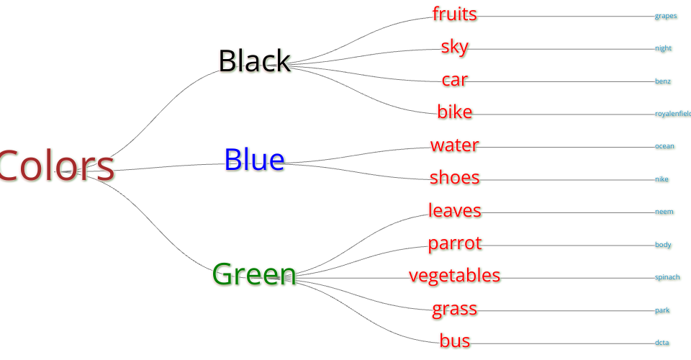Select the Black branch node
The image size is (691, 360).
point(254,61)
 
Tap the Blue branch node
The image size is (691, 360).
point(254,160)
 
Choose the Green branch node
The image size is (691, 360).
point(254,274)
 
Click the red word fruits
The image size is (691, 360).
point(454,14)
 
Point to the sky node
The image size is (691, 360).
point(454,47)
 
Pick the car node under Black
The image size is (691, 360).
point(454,80)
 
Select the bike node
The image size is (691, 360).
point(454,112)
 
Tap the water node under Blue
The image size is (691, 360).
point(454,145)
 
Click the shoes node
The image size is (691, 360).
point(454,178)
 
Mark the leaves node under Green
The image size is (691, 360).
point(454,211)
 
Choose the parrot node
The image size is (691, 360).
point(454,243)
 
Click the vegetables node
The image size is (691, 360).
point(454,276)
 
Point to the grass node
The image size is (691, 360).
point(454,309)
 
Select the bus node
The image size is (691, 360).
point(454,341)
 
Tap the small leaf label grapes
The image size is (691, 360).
point(666,16)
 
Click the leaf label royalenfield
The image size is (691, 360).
point(672,114)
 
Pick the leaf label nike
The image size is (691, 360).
point(662,179)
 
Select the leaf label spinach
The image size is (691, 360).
point(667,277)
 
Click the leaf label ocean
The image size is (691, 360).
point(664,146)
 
